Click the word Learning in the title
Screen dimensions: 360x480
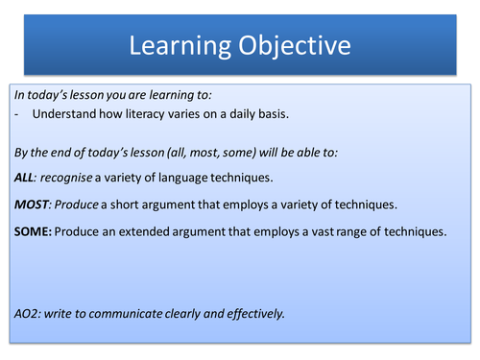pos(178,44)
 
